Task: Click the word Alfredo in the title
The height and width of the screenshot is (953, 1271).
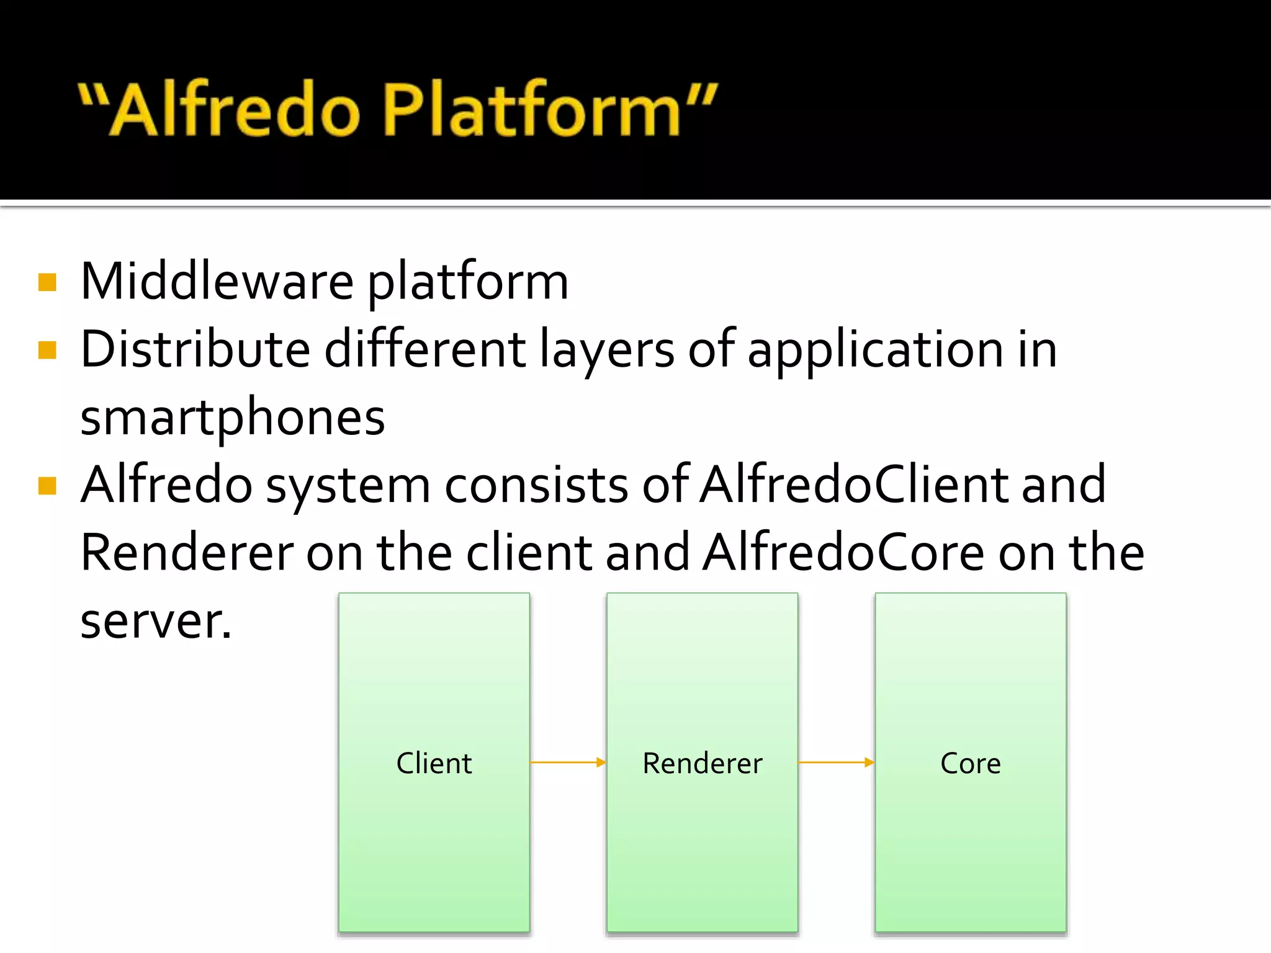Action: [236, 110]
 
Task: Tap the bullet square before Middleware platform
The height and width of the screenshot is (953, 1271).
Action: [47, 282]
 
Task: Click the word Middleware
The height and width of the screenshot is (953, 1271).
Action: [217, 282]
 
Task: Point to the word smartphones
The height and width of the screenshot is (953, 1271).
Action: [233, 418]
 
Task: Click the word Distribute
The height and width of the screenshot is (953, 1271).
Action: [195, 349]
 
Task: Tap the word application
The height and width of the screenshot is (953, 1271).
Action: [875, 351]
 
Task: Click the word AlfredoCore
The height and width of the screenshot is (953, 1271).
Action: [844, 552]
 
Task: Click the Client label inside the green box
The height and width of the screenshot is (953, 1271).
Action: [434, 763]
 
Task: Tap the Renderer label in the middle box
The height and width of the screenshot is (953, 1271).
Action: [702, 763]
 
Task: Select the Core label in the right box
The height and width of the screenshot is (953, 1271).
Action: [971, 763]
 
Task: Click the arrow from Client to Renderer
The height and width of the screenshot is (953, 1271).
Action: [568, 763]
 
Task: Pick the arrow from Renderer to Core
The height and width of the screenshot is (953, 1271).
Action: [836, 763]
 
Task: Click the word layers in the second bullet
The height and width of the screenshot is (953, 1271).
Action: [606, 351]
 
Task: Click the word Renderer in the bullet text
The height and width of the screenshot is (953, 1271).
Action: [186, 552]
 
